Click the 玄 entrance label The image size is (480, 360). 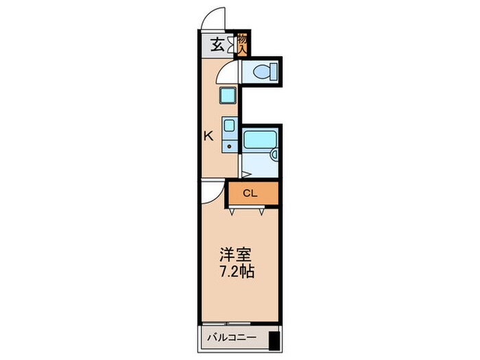coord(216,46)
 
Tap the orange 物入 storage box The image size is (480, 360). coord(242,44)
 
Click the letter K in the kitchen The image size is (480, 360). coord(208,136)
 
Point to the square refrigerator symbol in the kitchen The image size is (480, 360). coord(228,97)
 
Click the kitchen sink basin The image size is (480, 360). coord(230,127)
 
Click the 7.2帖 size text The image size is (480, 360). coord(237,272)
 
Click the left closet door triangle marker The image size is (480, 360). coord(233,212)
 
